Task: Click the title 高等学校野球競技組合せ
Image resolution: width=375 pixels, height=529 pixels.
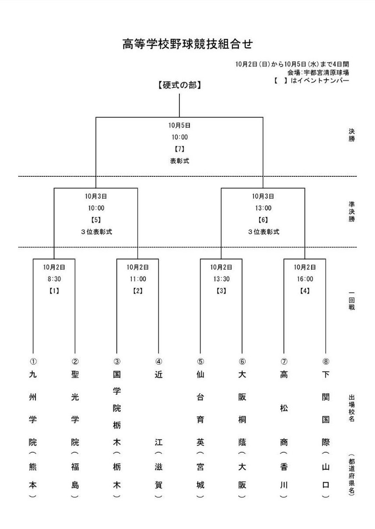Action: point(187,45)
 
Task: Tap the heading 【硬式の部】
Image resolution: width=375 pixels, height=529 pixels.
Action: point(179,86)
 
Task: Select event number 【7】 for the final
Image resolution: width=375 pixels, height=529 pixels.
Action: point(179,149)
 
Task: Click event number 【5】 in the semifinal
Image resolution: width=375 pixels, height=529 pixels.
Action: point(96,220)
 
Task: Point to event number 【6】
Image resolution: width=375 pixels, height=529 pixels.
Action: point(263,220)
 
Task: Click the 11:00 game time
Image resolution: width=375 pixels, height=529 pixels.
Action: point(137,279)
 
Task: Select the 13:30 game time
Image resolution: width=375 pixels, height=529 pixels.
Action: point(221,279)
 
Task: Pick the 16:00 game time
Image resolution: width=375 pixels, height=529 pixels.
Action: point(304,279)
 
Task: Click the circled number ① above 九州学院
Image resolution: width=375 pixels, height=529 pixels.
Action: point(33,361)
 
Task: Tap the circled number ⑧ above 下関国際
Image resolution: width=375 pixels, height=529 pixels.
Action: point(326,361)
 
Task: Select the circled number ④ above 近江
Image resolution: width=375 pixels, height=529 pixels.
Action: point(159,361)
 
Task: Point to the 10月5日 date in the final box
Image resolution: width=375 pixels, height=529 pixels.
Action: point(179,125)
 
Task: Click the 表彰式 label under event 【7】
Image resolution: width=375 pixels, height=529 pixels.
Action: point(179,161)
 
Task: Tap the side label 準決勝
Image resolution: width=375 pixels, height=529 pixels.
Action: point(351,212)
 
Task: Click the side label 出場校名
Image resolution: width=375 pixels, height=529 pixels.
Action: point(351,409)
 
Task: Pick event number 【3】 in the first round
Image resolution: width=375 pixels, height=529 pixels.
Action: point(221,291)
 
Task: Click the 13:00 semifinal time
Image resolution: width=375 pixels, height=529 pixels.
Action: point(263,208)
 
